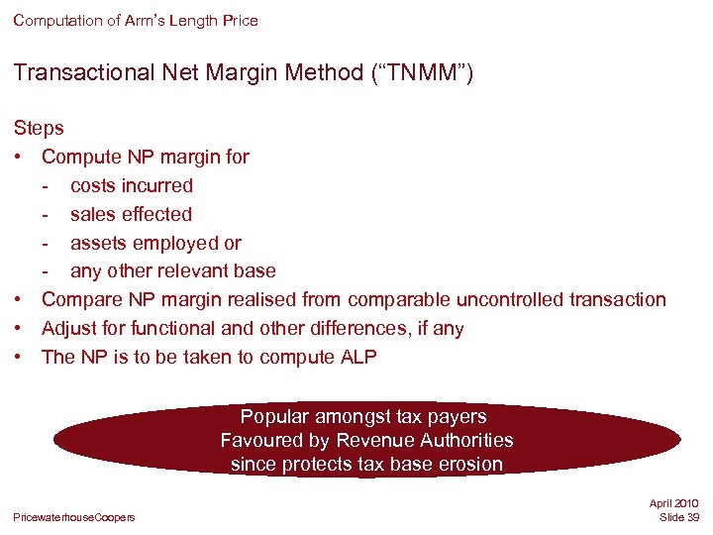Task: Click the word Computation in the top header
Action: (x=56, y=20)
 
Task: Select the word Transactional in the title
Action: (x=74, y=72)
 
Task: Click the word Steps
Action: (x=39, y=128)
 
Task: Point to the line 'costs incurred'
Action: (x=132, y=185)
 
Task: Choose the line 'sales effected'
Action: (x=131, y=214)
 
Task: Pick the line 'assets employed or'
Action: (x=155, y=243)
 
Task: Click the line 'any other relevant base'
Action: (x=173, y=271)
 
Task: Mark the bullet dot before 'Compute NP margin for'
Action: (x=19, y=157)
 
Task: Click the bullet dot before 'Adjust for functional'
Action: (x=19, y=328)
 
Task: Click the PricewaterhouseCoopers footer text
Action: (x=74, y=517)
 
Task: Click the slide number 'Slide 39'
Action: (x=678, y=518)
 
